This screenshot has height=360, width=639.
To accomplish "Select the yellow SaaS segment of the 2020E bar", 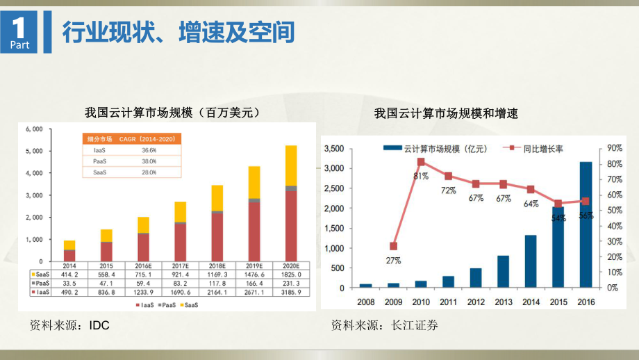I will click(x=291, y=165).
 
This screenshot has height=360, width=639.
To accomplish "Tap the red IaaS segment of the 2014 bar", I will click(x=69, y=255).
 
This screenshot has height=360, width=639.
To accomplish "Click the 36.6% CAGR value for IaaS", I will click(x=149, y=149).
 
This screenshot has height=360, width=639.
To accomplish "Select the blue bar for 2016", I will click(x=586, y=224).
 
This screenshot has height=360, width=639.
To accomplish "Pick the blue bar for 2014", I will click(x=530, y=261).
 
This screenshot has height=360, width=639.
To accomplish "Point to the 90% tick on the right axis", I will click(x=615, y=149).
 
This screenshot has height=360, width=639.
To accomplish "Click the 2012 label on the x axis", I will click(x=475, y=302).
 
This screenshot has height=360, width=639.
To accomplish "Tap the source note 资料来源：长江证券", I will click(x=384, y=325).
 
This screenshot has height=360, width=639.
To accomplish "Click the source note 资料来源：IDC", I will click(x=69, y=325).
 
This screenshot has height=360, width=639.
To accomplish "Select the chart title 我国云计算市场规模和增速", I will click(x=447, y=112).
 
